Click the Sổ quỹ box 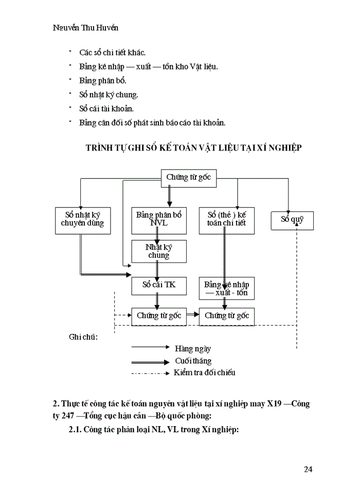(x=292, y=220)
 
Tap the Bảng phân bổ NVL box (x=158, y=220)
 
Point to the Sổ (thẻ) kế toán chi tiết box (x=227, y=220)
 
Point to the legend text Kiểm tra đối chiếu (x=204, y=373)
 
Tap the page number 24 (x=308, y=469)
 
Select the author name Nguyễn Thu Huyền (x=89, y=28)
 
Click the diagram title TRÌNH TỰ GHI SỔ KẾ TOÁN (x=193, y=148)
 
